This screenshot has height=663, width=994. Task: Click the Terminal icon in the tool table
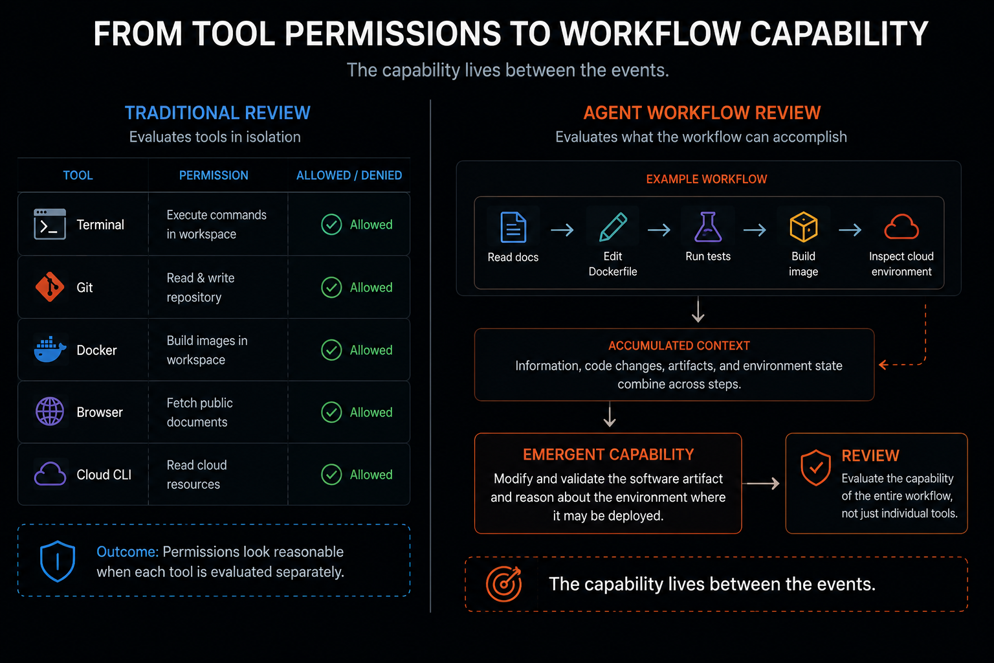pos(50,224)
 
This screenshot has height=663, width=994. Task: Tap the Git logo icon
pos(50,287)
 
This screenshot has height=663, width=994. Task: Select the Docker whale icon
pos(50,350)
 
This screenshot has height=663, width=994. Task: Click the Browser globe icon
pos(50,412)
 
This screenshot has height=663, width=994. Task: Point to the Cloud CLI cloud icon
pos(50,474)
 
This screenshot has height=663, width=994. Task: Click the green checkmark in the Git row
pos(331,287)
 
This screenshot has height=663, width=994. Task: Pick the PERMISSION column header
pos(214,175)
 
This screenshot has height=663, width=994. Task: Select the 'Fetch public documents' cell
pos(200,412)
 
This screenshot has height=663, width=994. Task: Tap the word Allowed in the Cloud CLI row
pos(371,475)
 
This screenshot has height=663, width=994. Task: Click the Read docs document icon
pos(513,227)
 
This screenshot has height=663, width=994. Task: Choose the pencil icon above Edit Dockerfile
pos(613,227)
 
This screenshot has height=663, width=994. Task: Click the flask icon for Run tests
pos(708,227)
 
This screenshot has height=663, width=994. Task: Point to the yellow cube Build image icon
pos(803,227)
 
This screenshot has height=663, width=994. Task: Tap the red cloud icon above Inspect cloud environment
pos(901,227)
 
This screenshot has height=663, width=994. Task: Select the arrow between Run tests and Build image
pos(755,230)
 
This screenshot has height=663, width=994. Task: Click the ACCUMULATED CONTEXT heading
pos(679,346)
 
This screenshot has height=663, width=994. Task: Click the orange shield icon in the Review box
pos(815,467)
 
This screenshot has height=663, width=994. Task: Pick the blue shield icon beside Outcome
pos(57,561)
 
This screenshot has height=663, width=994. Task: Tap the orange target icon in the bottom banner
pos(503,584)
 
